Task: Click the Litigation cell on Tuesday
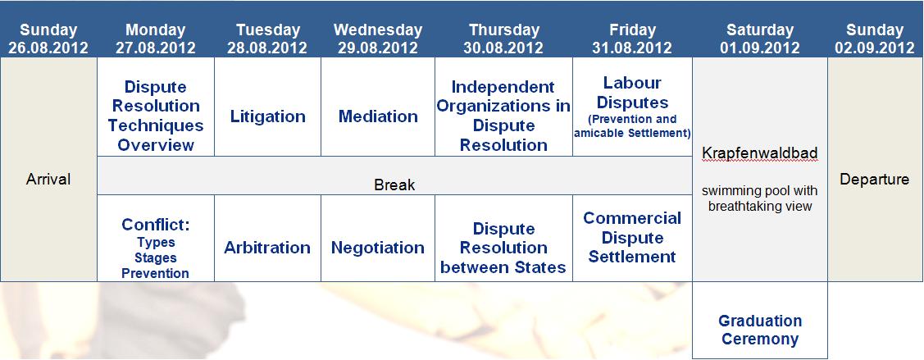(x=267, y=107)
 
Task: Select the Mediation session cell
(x=378, y=107)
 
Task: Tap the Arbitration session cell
(x=267, y=238)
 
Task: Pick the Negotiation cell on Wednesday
(x=378, y=238)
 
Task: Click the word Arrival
(x=48, y=179)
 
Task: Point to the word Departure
(x=875, y=179)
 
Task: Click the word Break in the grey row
(x=394, y=185)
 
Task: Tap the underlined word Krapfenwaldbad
(x=760, y=153)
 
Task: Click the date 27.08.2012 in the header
(x=156, y=48)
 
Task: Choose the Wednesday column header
(x=378, y=30)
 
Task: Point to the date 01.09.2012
(x=760, y=48)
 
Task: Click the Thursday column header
(x=504, y=30)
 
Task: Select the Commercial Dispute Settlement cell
(x=631, y=238)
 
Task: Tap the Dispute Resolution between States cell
(x=504, y=238)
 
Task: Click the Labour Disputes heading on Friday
(x=631, y=93)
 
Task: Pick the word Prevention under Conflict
(x=156, y=273)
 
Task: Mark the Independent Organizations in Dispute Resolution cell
(x=504, y=107)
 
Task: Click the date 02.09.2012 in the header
(x=875, y=48)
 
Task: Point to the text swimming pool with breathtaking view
(x=760, y=198)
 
